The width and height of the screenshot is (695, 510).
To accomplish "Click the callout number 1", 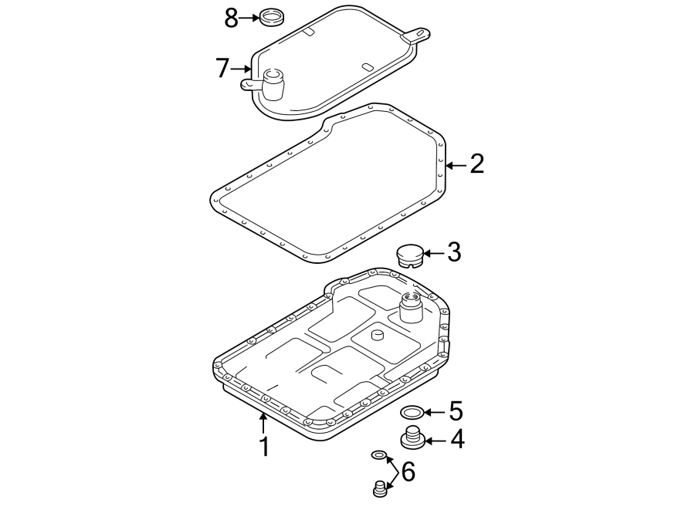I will click(x=264, y=446).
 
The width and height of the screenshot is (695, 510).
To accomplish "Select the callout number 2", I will click(x=476, y=164).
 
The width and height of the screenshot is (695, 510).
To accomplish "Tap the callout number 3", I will click(x=454, y=252).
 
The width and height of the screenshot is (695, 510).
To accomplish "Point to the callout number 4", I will click(x=457, y=440).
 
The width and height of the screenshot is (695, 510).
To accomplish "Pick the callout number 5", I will click(x=456, y=411).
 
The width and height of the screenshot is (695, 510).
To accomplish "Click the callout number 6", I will click(x=408, y=471).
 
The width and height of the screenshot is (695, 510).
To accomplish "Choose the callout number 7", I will click(x=222, y=69).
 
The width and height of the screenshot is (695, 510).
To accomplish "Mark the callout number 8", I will click(x=231, y=17).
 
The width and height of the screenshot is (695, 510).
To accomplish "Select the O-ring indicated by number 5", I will click(x=412, y=412).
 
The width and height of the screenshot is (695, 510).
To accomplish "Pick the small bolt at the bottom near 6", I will click(x=379, y=488).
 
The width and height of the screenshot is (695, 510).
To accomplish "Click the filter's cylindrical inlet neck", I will click(x=273, y=83).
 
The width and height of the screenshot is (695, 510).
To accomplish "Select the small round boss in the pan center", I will click(x=377, y=335).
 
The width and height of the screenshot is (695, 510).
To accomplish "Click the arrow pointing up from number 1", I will click(x=264, y=422).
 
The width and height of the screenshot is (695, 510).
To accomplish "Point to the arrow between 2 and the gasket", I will click(x=455, y=164).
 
